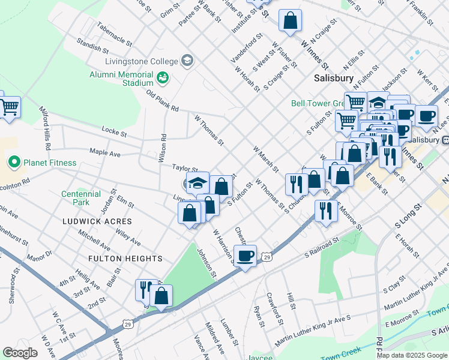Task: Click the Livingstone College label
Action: click(x=141, y=61)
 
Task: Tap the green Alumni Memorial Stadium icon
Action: click(x=162, y=78)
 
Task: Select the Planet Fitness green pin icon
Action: click(x=14, y=162)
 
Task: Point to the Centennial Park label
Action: click(x=80, y=198)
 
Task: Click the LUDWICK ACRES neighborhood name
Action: click(x=97, y=221)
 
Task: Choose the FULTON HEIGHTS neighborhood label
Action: click(x=125, y=259)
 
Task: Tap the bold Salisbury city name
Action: click(x=333, y=79)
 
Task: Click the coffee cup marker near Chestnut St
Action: click(x=245, y=256)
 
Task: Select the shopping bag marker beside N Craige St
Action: click(x=290, y=21)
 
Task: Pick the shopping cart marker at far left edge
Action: click(x=8, y=108)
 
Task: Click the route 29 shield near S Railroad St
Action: click(x=267, y=257)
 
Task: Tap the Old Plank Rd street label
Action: click(x=163, y=100)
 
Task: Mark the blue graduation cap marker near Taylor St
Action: click(x=196, y=183)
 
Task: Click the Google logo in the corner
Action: click(x=20, y=353)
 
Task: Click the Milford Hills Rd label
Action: click(x=45, y=129)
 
